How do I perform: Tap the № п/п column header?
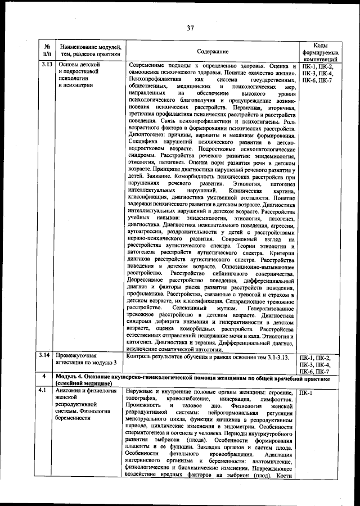(47, 51)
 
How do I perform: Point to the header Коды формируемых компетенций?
(319, 51)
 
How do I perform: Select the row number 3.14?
(47, 356)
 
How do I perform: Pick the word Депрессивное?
(148, 279)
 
